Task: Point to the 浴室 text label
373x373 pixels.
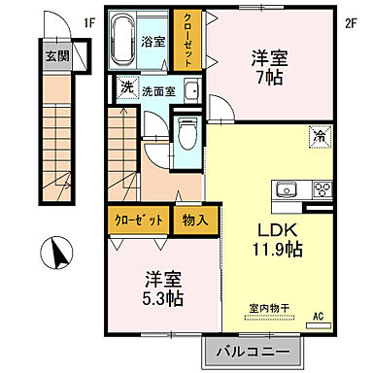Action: pyautogui.click(x=153, y=43)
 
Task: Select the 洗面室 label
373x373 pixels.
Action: pyautogui.click(x=158, y=91)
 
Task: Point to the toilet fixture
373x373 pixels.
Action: pyautogui.click(x=186, y=135)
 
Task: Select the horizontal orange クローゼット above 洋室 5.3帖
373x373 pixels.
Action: pyautogui.click(x=138, y=220)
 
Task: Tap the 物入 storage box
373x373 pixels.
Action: pyautogui.click(x=193, y=220)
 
